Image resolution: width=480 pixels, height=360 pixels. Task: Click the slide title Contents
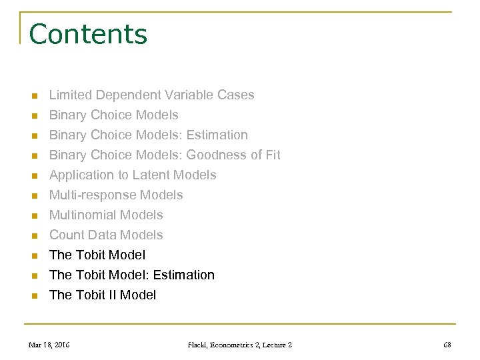(88, 33)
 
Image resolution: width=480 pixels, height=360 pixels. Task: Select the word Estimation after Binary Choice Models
(217, 135)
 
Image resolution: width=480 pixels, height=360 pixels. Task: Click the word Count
(67, 235)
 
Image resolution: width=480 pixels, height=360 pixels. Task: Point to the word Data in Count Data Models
(102, 235)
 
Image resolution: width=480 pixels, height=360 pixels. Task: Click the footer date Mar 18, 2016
(49, 344)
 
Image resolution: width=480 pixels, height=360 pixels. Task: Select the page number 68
(447, 344)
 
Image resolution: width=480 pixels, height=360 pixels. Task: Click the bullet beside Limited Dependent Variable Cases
(33, 95)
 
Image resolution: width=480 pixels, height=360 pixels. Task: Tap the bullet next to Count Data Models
(33, 235)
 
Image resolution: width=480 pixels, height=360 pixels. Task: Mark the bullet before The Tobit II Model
(33, 295)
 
